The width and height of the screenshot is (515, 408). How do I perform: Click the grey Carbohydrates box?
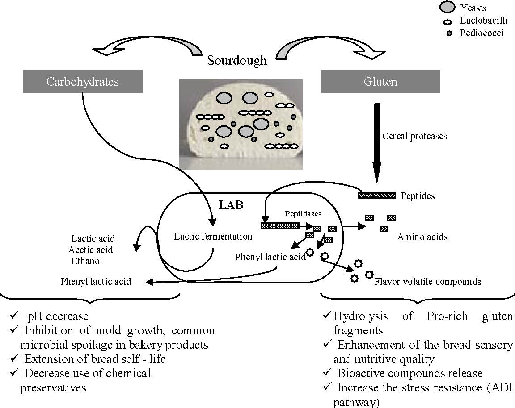click(x=83, y=82)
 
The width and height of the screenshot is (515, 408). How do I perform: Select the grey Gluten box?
click(x=380, y=82)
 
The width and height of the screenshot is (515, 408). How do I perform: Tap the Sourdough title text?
click(x=237, y=61)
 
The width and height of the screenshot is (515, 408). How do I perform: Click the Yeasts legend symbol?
click(x=448, y=7)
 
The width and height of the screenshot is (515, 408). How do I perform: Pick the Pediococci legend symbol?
click(x=448, y=33)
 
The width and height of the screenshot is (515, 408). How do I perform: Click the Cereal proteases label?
click(x=414, y=136)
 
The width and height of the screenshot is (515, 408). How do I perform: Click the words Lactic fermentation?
click(x=213, y=236)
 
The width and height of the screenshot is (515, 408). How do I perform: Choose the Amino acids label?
click(x=422, y=237)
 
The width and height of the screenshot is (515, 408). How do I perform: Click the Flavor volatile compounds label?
click(x=427, y=281)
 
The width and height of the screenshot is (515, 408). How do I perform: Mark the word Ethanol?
click(x=87, y=260)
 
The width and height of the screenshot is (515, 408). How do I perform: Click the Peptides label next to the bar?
click(x=418, y=196)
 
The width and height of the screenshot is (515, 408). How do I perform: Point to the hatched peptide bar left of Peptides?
click(x=377, y=195)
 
